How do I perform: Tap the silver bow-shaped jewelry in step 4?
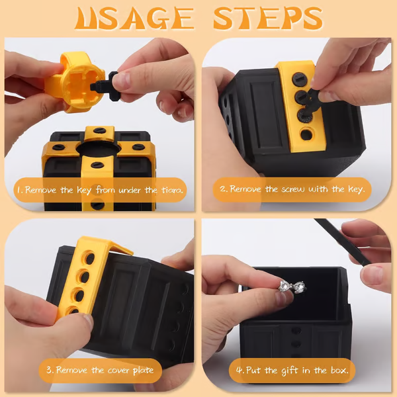tap(291, 287)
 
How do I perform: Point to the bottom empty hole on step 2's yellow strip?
tap(306, 135)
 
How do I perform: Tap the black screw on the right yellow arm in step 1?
tap(137, 147)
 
